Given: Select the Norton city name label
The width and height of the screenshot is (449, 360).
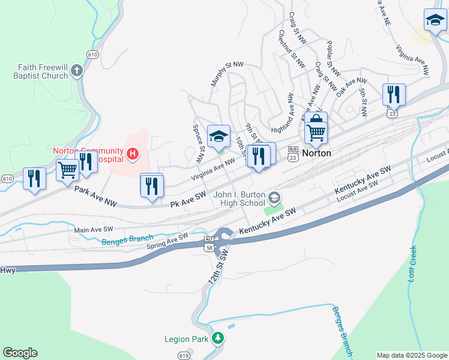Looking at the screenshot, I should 316,153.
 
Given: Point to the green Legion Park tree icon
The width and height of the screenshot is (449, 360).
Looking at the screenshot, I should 218,339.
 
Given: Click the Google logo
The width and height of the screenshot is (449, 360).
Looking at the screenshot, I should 20,353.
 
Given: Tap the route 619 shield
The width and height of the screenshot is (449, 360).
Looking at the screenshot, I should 184,356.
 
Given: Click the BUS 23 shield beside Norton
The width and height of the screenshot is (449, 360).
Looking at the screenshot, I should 293,153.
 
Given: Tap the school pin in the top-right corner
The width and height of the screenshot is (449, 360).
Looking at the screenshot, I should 435,22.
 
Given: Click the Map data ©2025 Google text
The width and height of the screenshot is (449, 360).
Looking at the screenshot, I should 411,355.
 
